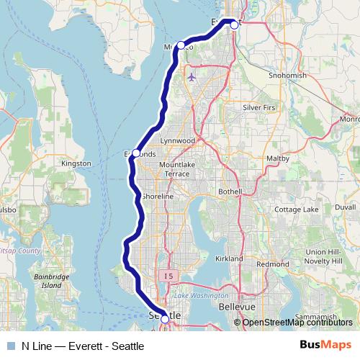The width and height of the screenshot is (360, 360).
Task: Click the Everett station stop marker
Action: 234,24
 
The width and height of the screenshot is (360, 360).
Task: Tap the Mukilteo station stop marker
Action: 181,45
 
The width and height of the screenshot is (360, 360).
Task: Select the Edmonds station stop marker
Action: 135,153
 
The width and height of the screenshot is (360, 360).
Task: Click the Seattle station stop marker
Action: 165,318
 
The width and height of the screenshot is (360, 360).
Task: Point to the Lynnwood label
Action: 178,140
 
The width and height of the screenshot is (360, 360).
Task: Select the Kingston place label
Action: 76,163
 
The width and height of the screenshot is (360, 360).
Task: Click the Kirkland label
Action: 229,258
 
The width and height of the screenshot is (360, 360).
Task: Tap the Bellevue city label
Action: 237,307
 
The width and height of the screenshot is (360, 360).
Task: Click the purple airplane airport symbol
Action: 191,76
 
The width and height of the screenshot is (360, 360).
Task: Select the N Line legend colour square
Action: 11,346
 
